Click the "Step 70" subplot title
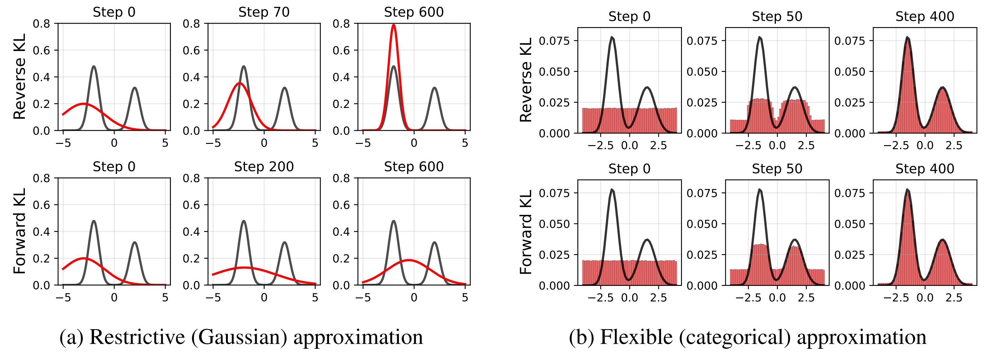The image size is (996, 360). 264,12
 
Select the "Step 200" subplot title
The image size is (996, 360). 264,167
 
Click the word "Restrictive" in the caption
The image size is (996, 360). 137,337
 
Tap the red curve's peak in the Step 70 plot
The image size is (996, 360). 240,83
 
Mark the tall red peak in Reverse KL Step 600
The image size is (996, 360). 394,26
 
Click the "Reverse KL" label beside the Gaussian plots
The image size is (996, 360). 20,77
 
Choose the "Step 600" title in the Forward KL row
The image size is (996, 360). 414,167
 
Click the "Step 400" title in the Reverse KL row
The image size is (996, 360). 924,17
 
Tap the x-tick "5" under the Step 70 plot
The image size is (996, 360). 315,144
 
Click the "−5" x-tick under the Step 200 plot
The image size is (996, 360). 213,298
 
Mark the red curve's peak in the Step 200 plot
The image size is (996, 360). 244,267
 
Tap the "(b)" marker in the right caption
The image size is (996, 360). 578,337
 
